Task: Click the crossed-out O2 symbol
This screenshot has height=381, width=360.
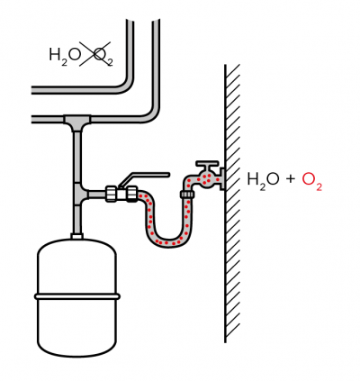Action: point(102,56)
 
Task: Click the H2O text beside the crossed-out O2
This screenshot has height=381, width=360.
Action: point(65,56)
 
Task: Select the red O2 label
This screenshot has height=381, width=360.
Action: point(311,180)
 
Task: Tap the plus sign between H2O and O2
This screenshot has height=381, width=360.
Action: point(290,179)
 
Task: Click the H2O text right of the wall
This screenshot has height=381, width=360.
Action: point(264,180)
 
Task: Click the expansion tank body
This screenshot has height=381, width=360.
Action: point(76,297)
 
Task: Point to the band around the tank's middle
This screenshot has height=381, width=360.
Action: point(77,296)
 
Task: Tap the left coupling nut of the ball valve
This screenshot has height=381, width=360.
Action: point(111,194)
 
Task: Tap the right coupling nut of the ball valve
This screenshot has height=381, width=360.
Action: point(131,194)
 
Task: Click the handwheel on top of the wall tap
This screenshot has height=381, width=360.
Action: point(207,164)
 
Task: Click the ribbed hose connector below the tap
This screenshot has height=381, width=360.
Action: point(187,195)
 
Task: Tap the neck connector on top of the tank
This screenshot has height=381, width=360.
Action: point(77,236)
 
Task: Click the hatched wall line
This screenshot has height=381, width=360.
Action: point(225,204)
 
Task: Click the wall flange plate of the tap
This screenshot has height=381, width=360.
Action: point(222,179)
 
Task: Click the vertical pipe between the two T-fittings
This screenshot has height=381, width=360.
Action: point(77,158)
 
